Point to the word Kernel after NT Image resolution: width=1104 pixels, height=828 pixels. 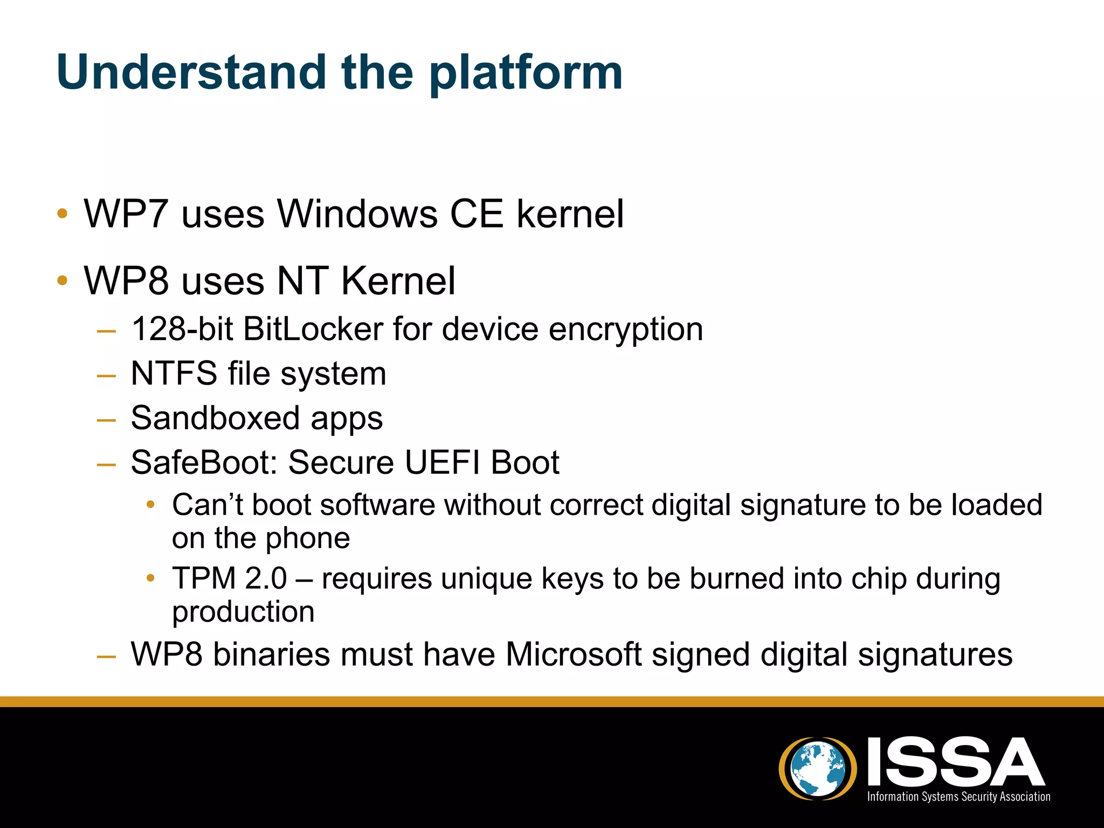(398, 281)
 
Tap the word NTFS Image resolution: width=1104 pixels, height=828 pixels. (174, 373)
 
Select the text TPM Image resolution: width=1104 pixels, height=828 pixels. (204, 578)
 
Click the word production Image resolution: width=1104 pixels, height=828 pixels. (243, 612)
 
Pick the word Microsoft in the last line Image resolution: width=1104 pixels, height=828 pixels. (574, 654)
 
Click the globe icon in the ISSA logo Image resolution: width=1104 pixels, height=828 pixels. (818, 768)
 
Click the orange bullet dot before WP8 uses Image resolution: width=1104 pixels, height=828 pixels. (63, 280)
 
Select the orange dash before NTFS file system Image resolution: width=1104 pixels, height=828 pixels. (106, 375)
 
